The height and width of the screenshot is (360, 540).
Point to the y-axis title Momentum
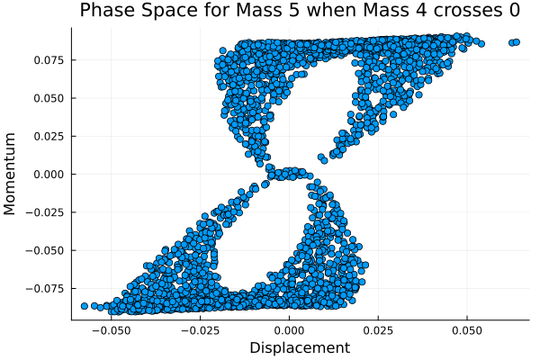(x=11, y=174)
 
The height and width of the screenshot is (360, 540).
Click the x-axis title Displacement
(x=300, y=347)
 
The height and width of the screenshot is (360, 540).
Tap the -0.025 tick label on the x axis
(x=200, y=329)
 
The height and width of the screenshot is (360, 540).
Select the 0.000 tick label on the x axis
(x=289, y=329)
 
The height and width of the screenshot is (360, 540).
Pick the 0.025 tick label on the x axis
(x=378, y=329)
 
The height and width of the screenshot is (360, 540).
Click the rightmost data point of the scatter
(x=516, y=41)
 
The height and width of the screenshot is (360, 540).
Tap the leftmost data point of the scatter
(x=85, y=306)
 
